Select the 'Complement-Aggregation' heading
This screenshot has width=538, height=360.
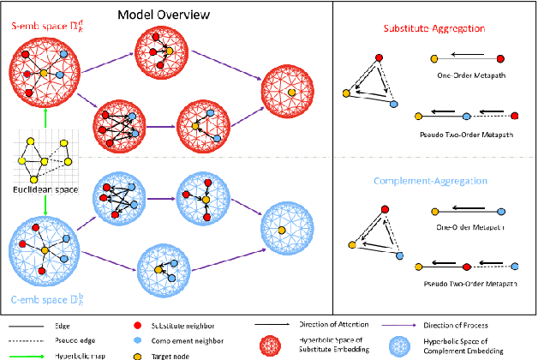[x=437, y=182]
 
